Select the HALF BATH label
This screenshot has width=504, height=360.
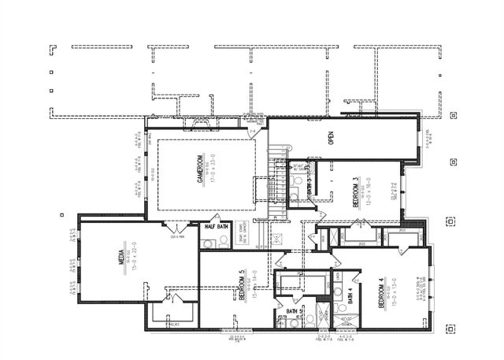(x=217, y=227)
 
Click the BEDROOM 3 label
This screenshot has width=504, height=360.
(x=357, y=192)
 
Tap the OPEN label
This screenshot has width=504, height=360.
(x=332, y=138)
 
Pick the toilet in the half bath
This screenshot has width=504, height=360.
(x=206, y=243)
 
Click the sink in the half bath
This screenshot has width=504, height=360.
(x=223, y=243)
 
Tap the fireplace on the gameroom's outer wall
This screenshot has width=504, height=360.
(x=194, y=123)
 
